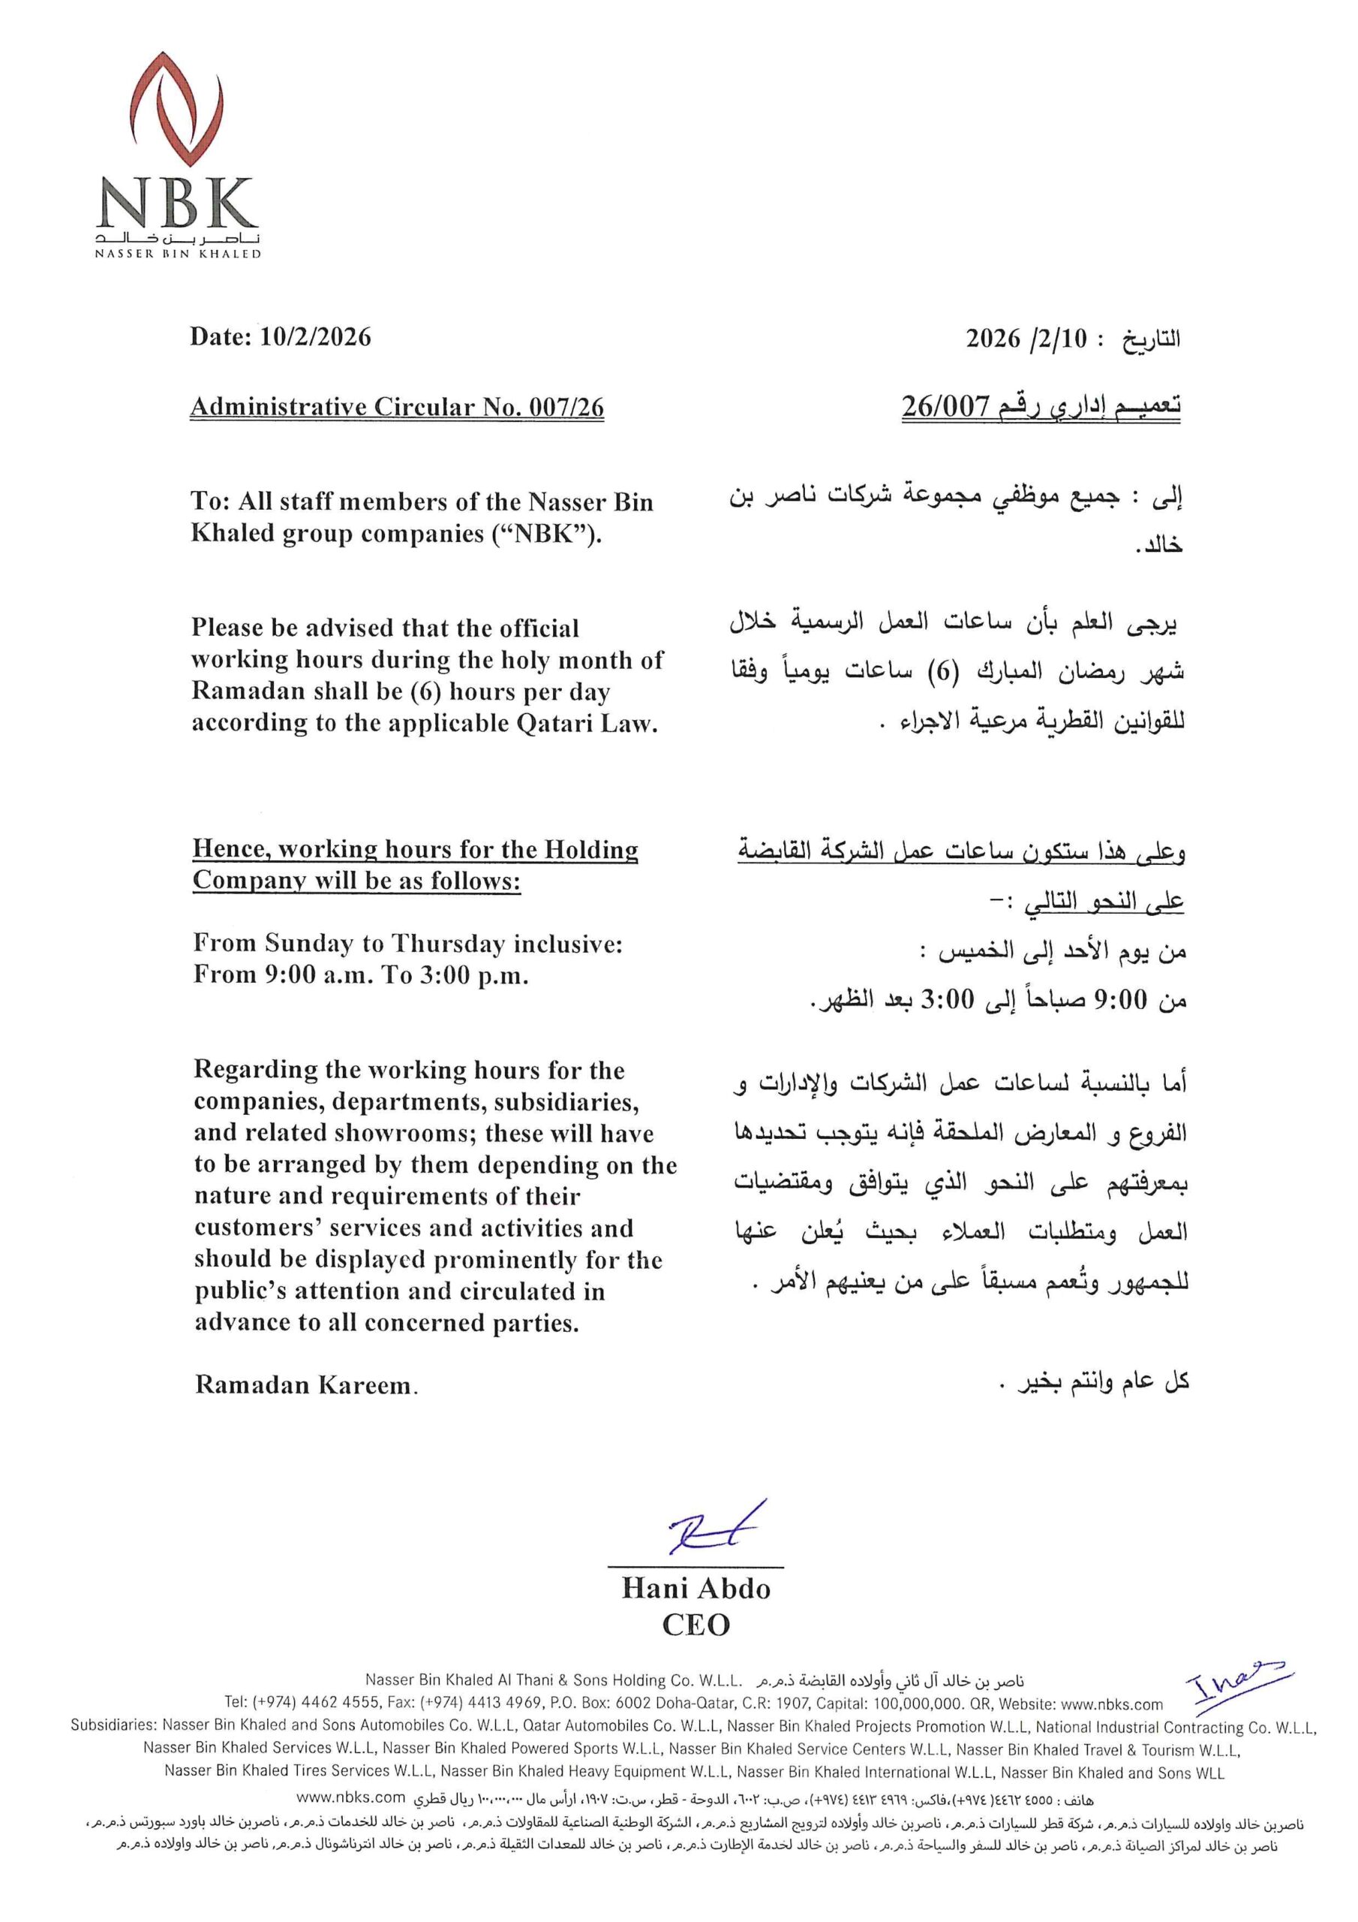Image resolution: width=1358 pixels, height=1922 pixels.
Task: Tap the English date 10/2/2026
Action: [315, 336]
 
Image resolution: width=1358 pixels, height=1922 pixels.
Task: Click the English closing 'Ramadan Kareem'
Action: [305, 1385]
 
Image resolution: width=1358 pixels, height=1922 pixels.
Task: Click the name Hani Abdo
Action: [696, 1588]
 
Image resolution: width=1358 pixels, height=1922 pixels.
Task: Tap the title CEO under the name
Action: [696, 1625]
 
